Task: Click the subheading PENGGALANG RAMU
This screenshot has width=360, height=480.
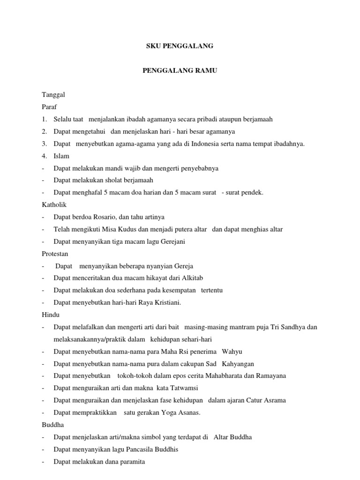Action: pos(180,70)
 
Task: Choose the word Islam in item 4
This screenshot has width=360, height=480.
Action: pos(61,156)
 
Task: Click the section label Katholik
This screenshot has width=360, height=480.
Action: pos(54,204)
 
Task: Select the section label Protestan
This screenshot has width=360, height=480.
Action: pos(55,254)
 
